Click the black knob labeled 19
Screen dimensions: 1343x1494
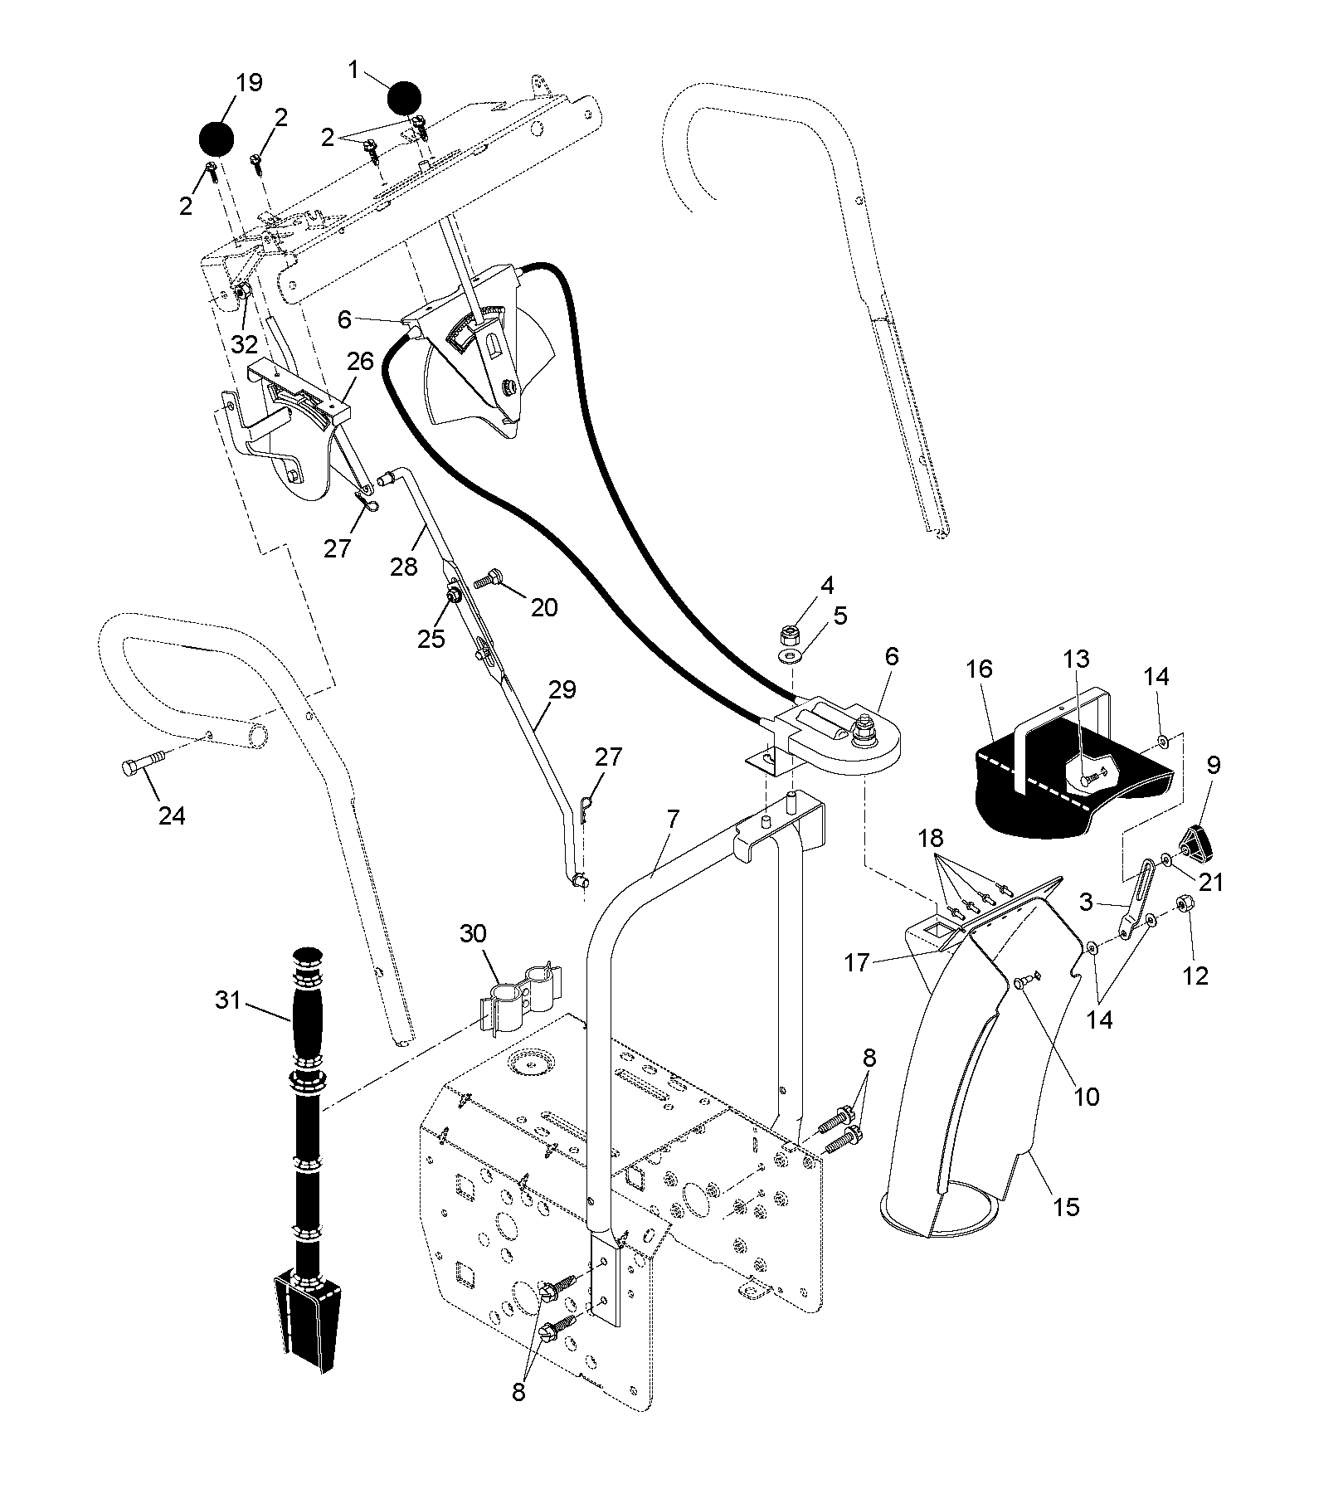[215, 138]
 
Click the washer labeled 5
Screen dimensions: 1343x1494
[790, 657]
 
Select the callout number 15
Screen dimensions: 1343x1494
[1067, 1206]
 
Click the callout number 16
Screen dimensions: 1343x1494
[980, 669]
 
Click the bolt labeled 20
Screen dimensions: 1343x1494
[489, 576]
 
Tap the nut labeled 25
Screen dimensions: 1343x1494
[455, 596]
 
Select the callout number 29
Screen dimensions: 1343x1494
[562, 691]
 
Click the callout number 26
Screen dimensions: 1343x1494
[362, 361]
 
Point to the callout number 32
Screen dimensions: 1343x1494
[245, 343]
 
